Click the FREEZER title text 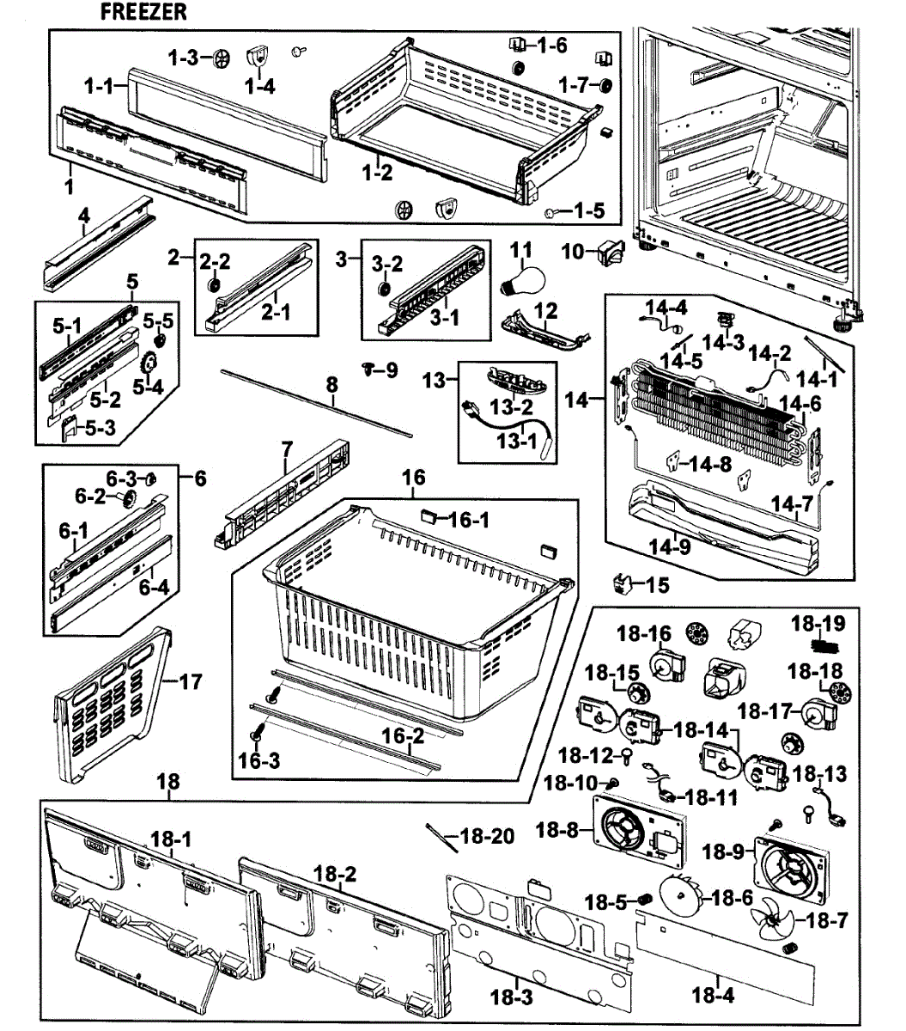[x=143, y=12]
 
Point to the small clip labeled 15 [x=623, y=584]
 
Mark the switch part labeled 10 [x=613, y=252]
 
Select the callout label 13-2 [x=513, y=406]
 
